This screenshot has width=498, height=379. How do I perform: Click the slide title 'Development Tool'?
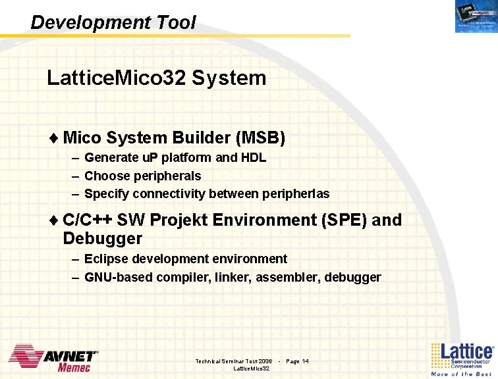point(113,22)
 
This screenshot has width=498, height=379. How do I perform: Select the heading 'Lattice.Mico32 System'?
point(156,78)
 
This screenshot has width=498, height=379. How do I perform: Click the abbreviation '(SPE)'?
point(344,220)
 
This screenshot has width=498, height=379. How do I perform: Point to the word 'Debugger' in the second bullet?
point(103,238)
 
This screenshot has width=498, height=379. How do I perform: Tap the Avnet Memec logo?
point(53,359)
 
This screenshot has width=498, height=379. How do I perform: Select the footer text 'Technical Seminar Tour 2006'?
point(234,361)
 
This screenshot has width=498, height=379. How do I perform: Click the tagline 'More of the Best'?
point(461,374)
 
